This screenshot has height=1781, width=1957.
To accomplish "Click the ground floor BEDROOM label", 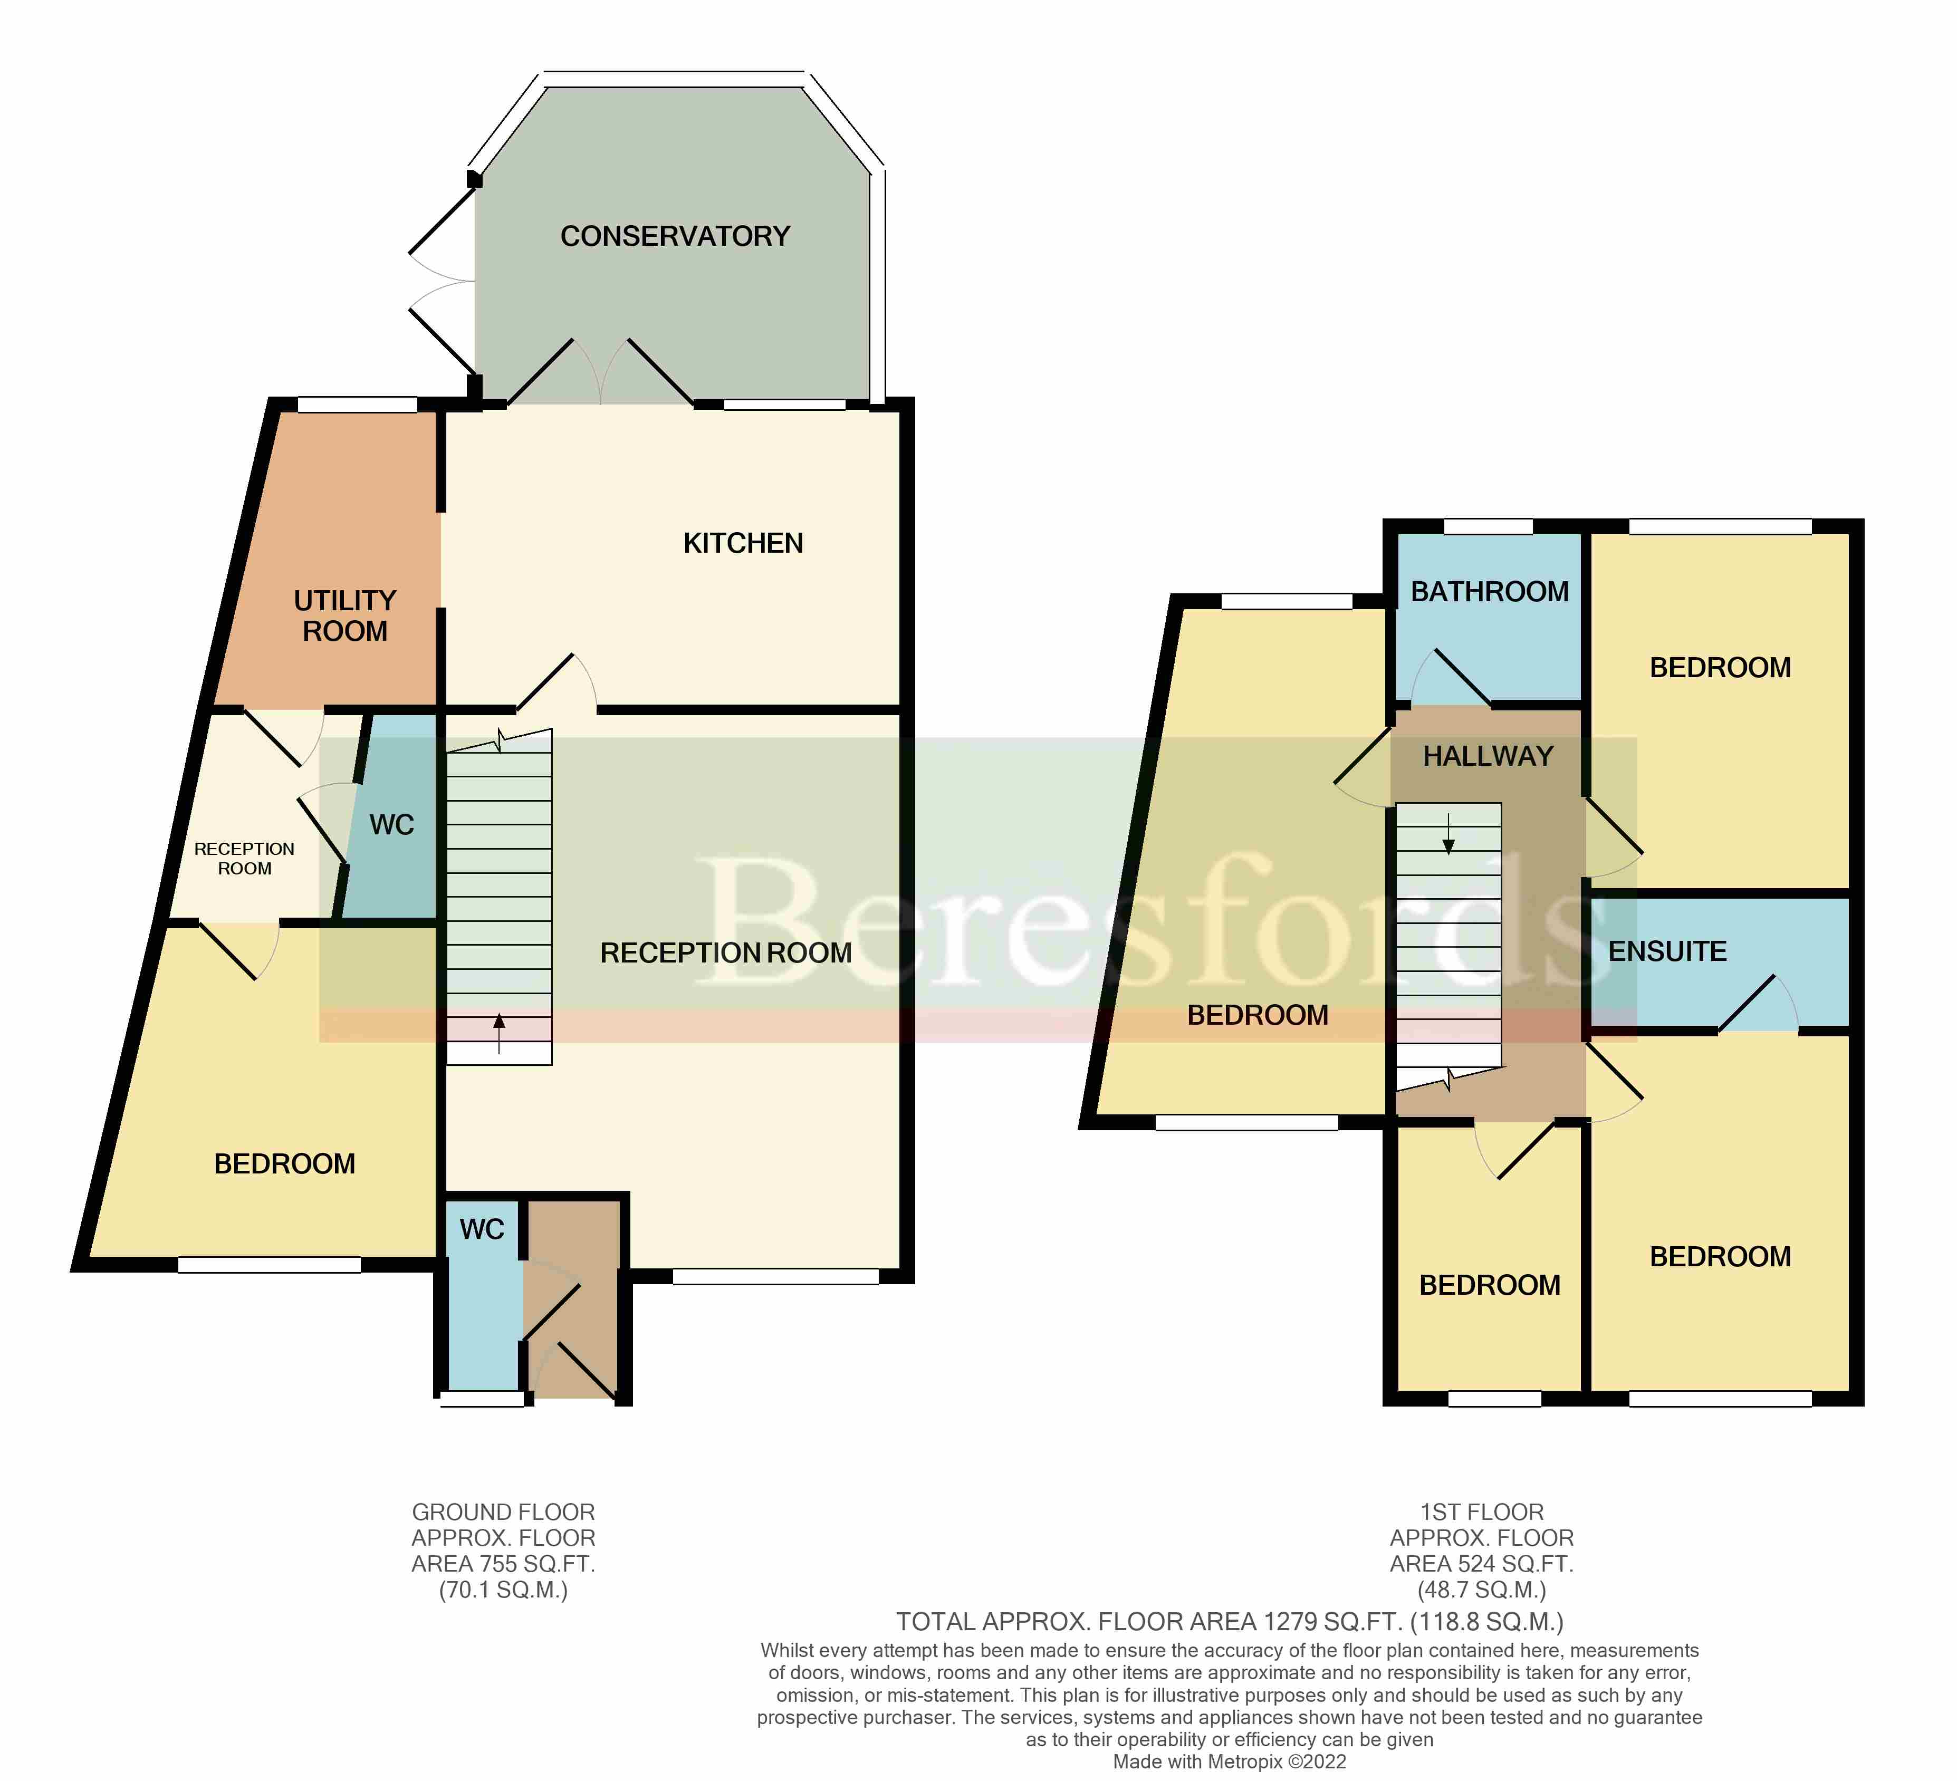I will (284, 1164).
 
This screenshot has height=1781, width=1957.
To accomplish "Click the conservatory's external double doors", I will (442, 282).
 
